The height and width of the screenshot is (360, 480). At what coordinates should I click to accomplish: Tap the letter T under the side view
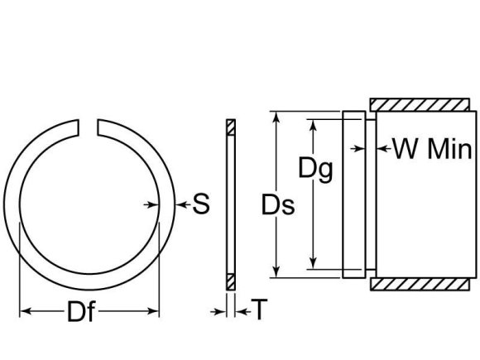tap(260, 310)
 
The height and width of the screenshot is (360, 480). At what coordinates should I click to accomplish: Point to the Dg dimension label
tap(315, 170)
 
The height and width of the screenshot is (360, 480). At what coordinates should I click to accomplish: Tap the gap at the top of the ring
tap(89, 126)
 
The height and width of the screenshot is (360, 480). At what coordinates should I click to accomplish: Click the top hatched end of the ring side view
tap(230, 127)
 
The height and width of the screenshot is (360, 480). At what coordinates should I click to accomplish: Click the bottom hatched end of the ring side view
tap(230, 280)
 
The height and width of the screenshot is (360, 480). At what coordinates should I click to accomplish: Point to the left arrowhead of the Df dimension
tap(23, 312)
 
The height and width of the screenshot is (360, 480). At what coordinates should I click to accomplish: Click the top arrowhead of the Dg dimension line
tap(314, 124)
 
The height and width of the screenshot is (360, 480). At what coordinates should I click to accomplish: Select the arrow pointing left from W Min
tap(382, 149)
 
